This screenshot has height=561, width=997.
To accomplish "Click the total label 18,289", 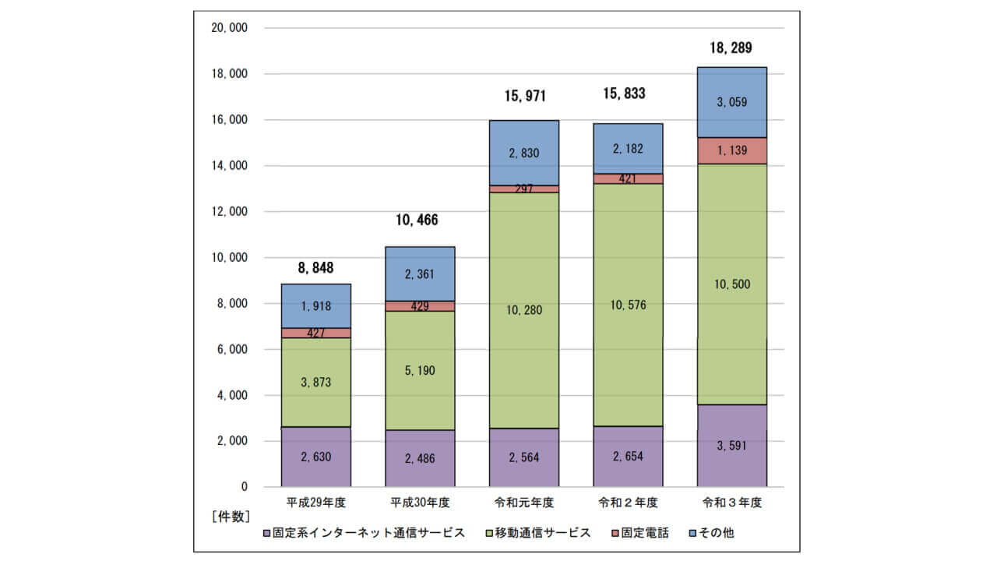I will coord(731,48).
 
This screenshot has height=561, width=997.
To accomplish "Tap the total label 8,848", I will coord(315,268).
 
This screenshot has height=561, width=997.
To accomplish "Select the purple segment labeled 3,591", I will coord(731,446).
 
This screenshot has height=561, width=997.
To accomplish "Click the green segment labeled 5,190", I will coord(420,370).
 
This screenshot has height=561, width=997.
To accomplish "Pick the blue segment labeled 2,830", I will coord(523,153).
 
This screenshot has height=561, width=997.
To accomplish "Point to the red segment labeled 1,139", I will coord(731,150).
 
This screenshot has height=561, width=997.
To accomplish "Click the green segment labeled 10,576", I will coord(628,305).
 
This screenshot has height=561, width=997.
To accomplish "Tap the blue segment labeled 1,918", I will coord(315,305).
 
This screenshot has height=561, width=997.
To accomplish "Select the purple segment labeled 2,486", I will coord(420,458).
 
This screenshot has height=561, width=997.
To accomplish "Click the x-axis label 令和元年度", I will coord(523,503).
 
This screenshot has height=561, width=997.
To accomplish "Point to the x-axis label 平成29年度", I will coord(315,503).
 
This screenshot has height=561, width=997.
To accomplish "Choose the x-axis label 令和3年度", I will coord(731,503).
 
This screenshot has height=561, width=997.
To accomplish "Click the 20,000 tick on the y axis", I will coord(229,28).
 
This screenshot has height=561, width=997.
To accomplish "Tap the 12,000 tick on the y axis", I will coord(229,212).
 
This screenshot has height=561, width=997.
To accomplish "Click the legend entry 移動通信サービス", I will coord(537,533).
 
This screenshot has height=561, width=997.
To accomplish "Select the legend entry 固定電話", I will coord(644,533).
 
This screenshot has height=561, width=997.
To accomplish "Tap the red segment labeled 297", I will coord(523,189).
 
